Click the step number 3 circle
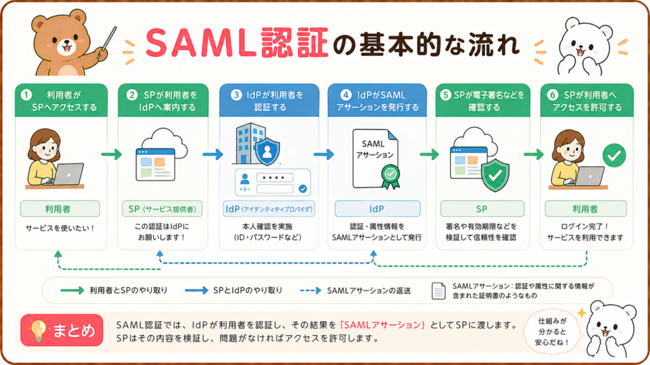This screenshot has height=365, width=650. tap(236, 95)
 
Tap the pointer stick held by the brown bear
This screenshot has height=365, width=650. tap(107, 43)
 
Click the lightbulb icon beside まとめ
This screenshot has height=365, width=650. tap(38, 330)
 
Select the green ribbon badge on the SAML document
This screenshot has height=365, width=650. tap(390, 177)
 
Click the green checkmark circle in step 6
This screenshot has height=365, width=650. tap(614, 155)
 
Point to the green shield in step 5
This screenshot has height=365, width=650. tap(495, 175)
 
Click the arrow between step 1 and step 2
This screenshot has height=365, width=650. tap(112, 155)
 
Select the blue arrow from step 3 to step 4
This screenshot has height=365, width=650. tap(324, 155)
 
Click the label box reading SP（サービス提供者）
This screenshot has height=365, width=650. tap(162, 209)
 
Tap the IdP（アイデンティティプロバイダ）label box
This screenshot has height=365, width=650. tap(269, 209)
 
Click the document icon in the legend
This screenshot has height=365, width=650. tap(439, 291)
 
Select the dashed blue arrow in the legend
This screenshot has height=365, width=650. tap(310, 290)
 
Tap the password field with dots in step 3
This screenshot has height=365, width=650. tap(274, 178)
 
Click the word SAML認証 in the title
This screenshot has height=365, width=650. tap(237, 42)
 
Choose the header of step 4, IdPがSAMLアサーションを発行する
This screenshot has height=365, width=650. tap(377, 101)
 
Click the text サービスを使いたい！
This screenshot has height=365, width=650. tap(60, 228)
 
